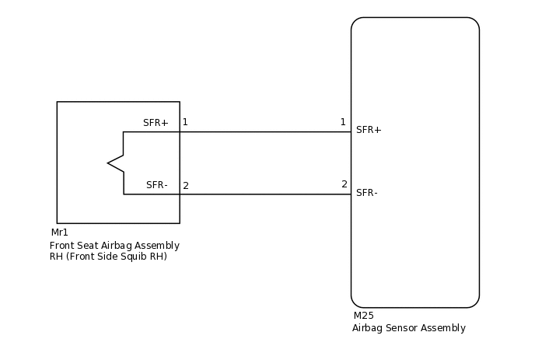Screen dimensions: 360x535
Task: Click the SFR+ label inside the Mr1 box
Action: [x=156, y=123]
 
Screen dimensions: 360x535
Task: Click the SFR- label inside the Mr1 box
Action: [x=157, y=185]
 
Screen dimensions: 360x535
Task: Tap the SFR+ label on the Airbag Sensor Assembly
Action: [x=369, y=130]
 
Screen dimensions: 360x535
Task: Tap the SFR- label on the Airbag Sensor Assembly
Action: [x=367, y=193]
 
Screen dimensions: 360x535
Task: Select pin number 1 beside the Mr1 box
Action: [x=185, y=122]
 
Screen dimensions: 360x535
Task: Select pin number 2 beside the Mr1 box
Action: [x=186, y=186]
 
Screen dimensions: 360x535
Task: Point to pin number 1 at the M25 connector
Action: [x=343, y=122]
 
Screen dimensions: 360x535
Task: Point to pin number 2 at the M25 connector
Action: [x=344, y=184]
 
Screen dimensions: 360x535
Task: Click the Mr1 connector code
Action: [x=60, y=232]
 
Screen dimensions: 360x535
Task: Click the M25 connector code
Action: [x=363, y=316]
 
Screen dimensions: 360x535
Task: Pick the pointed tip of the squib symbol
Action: [x=109, y=163]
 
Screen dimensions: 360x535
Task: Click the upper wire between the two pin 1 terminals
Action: [x=264, y=131]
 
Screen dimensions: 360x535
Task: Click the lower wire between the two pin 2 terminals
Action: [x=264, y=194]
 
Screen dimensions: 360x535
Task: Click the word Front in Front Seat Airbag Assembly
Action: [x=63, y=246]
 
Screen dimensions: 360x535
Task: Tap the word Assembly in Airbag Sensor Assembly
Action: [x=444, y=328]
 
